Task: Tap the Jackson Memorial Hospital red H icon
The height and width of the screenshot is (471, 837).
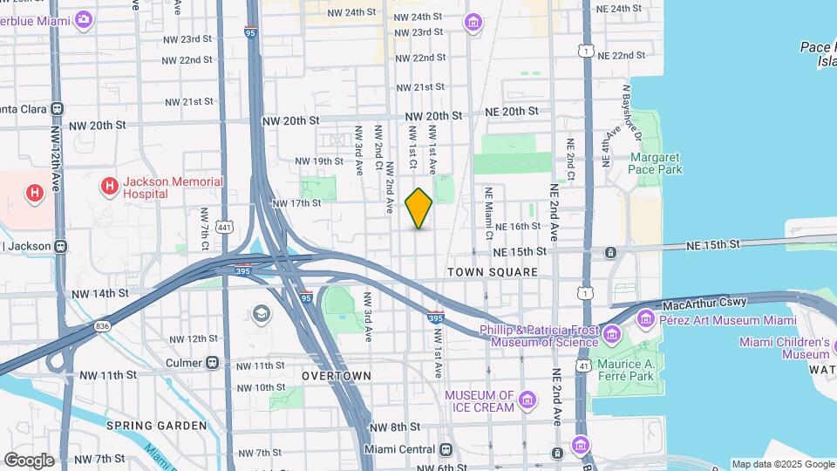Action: (110, 186)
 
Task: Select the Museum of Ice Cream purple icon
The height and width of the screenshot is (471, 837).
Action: (527, 400)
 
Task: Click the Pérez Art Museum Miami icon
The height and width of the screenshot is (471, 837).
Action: (646, 320)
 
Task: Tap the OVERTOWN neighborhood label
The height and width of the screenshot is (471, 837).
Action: (337, 375)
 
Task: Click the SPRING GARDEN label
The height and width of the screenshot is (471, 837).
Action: (157, 426)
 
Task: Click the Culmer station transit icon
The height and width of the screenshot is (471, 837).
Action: (211, 363)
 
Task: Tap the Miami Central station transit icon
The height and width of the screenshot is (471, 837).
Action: (446, 449)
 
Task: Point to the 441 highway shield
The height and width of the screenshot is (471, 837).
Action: (225, 228)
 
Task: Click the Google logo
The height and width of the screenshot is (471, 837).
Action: (29, 460)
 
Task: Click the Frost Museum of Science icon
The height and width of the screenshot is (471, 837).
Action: (611, 334)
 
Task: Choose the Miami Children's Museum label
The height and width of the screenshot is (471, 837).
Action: (784, 348)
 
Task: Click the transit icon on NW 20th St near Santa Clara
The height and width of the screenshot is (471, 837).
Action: (57, 109)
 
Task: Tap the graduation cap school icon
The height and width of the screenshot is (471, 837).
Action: (262, 313)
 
